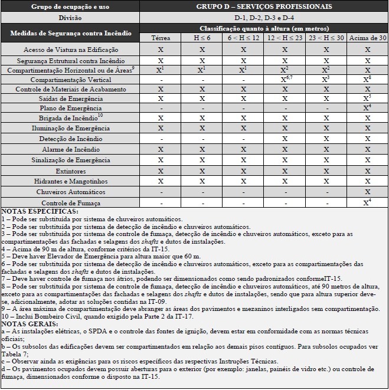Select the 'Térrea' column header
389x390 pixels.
160,38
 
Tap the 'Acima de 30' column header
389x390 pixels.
368,38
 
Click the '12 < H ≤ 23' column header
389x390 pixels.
285,38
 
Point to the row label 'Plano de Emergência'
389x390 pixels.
71,109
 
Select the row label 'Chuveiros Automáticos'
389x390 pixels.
71,192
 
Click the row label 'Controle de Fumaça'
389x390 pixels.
71,203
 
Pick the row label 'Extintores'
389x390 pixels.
71,171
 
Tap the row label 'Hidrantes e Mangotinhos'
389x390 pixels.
71,182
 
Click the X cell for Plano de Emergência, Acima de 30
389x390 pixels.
368,108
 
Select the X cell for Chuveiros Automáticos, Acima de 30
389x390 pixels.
368,192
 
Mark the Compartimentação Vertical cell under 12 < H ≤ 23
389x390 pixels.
285,78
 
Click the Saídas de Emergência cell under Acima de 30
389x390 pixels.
368,98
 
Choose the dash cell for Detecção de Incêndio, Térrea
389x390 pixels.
160,139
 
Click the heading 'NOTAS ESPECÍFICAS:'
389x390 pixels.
39,211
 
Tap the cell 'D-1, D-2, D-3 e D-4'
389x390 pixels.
264,17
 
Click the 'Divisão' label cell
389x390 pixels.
71,17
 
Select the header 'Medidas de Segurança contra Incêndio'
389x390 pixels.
71,33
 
